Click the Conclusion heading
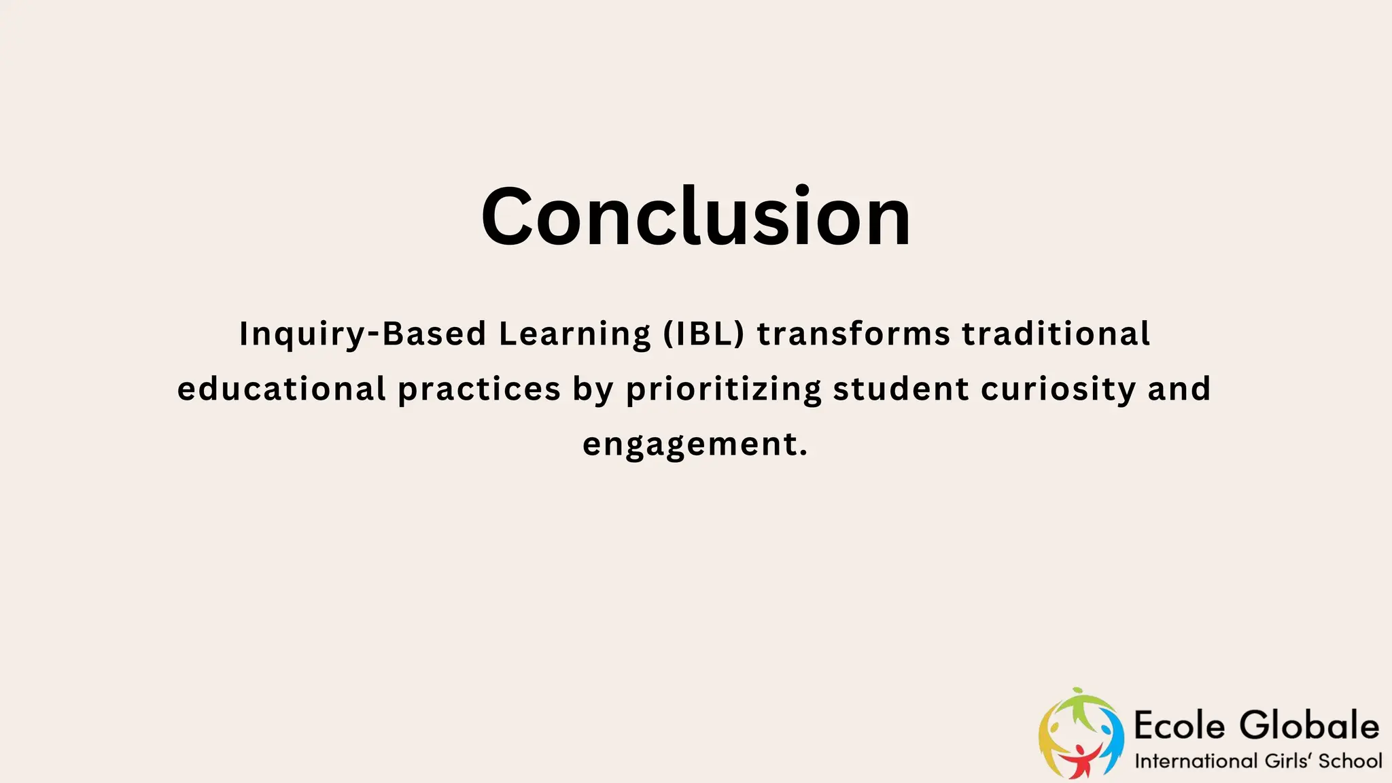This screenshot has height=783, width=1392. click(x=695, y=216)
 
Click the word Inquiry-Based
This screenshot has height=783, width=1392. click(x=362, y=334)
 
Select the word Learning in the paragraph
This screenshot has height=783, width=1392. click(x=575, y=334)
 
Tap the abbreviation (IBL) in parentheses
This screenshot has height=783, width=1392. click(x=704, y=334)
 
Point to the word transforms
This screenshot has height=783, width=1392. click(x=854, y=334)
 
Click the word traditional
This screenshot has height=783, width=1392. click(x=1056, y=334)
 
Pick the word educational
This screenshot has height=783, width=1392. click(x=281, y=389)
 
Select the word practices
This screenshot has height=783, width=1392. click(x=479, y=389)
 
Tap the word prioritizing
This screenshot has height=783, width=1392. click(x=723, y=389)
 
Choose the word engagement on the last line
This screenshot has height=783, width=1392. click(x=695, y=445)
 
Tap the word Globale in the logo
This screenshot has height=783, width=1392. click(x=1309, y=725)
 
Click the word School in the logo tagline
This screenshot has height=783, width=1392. click(x=1350, y=761)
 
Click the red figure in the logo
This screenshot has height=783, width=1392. click(x=1080, y=761)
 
